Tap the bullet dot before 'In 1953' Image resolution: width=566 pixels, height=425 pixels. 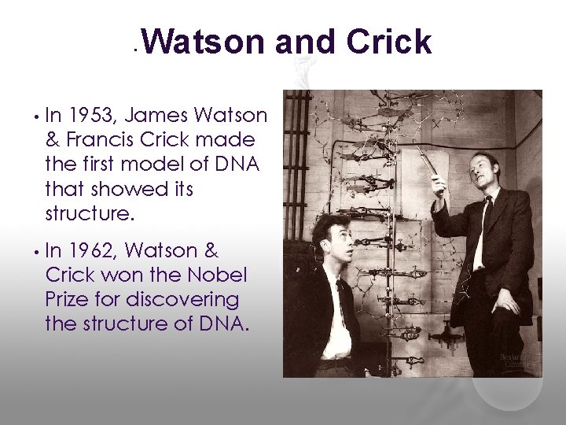click(x=36, y=118)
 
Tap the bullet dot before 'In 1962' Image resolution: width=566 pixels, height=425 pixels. click(x=36, y=253)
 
